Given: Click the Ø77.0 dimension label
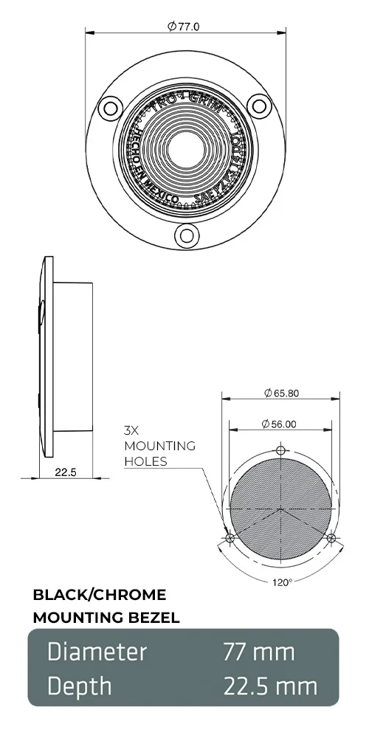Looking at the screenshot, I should [184, 27].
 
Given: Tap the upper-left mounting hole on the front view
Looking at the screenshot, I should [111, 108].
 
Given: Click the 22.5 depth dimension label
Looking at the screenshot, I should [66, 472].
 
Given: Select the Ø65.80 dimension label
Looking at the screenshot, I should [281, 393].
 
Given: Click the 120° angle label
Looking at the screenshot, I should [282, 582].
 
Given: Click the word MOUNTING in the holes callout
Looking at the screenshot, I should [159, 446].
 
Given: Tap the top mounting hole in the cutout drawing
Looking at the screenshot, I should [280, 450].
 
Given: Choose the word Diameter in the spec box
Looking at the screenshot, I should [97, 652].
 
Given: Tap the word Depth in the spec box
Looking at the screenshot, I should [80, 686].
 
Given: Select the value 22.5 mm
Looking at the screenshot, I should [270, 686].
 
